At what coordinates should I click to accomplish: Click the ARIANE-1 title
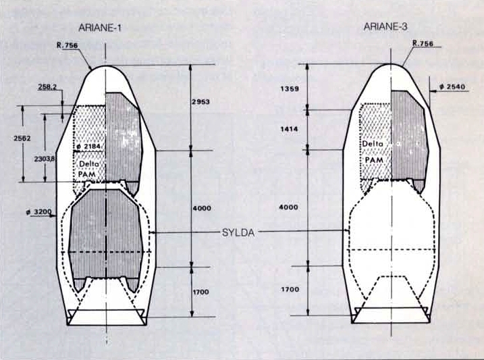[x=100, y=28]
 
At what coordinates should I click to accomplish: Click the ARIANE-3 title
[x=385, y=26]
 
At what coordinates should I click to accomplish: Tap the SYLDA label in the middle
[x=238, y=232]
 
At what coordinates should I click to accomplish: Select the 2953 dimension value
[x=200, y=101]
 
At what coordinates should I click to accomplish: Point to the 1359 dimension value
[x=290, y=89]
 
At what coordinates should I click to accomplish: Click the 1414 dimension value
[x=289, y=129]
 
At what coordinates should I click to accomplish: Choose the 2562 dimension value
[x=22, y=138]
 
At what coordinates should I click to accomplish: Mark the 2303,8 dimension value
[x=45, y=159]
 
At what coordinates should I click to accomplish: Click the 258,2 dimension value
[x=47, y=87]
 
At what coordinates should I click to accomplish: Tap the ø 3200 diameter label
[x=39, y=212]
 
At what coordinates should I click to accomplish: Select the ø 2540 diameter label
[x=452, y=86]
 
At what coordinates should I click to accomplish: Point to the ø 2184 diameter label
[x=88, y=147]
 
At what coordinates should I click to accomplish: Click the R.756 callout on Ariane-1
[x=68, y=45]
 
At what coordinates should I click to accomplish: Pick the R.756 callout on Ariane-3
[x=423, y=43]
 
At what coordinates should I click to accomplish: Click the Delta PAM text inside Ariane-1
[x=88, y=169]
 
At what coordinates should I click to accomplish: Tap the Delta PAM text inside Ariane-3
[x=373, y=152]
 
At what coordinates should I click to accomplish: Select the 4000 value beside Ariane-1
[x=202, y=208]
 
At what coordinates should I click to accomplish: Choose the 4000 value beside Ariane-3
[x=289, y=207]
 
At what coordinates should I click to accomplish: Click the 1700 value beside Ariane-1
[x=200, y=292]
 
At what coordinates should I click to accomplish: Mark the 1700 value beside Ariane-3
[x=290, y=289]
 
